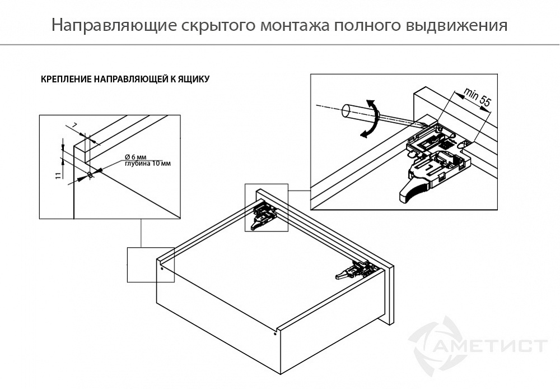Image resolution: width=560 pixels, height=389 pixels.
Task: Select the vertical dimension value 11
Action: [x=58, y=175]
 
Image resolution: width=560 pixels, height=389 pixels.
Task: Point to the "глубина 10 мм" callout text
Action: [x=147, y=164]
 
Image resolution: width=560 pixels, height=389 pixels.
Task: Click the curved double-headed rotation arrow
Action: [x=370, y=118]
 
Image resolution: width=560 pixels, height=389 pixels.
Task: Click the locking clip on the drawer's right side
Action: [x=356, y=270]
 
